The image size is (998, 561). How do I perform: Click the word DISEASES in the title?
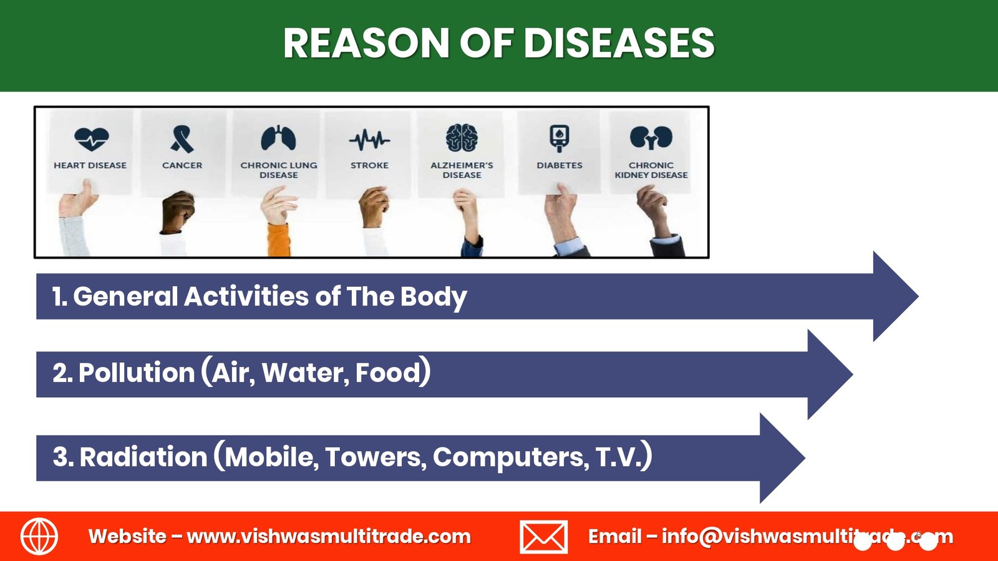[x=619, y=43]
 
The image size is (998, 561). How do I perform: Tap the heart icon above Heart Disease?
[x=91, y=139]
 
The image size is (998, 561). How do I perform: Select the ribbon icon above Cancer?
[x=182, y=139]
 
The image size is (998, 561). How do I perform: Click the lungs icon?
[x=278, y=138]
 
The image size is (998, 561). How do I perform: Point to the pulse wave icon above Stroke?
[x=369, y=140]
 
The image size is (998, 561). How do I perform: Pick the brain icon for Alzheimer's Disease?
[x=462, y=138]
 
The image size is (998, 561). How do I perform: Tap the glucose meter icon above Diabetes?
[x=559, y=138]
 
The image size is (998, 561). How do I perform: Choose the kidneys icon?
[x=651, y=138]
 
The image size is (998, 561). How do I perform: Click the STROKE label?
[x=369, y=165]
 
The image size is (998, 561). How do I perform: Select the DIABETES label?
[x=560, y=165]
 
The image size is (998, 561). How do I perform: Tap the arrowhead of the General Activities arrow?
[x=896, y=297]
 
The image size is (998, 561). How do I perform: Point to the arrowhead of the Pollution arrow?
[x=830, y=375]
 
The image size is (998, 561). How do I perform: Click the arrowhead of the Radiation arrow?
[x=782, y=458]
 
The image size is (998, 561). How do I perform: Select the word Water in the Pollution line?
[x=306, y=373]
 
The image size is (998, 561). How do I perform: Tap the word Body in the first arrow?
[x=433, y=297]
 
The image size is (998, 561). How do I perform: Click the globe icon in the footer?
[x=39, y=537]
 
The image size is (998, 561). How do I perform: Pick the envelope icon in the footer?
[x=543, y=537]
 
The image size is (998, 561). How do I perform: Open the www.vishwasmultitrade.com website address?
[x=329, y=537]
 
